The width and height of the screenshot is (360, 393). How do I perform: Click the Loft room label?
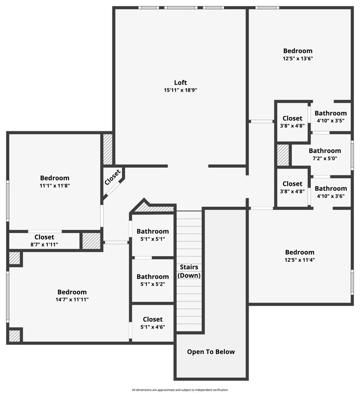click(180, 82)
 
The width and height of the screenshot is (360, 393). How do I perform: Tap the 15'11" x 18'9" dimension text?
click(180, 90)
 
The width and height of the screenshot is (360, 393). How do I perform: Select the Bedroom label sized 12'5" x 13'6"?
click(297, 51)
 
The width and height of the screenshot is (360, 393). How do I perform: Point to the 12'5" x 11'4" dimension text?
click(299, 260)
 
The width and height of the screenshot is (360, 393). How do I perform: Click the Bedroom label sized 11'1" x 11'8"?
click(54, 178)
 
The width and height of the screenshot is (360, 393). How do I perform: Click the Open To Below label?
click(211, 352)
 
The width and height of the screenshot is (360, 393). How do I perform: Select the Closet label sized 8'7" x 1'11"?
click(44, 237)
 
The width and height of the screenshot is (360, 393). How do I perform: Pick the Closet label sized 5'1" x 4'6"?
click(153, 319)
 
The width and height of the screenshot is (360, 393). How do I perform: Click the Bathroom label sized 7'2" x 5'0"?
click(324, 151)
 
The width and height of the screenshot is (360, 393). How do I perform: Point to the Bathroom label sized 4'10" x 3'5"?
click(331, 113)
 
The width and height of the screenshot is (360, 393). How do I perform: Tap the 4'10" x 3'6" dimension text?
click(331, 196)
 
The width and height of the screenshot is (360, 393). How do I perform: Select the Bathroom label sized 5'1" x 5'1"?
click(153, 232)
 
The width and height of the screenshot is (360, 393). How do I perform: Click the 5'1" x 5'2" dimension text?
click(153, 284)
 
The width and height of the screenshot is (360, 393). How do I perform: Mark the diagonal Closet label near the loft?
click(112, 177)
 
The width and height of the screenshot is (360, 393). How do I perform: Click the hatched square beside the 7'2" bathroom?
click(283, 155)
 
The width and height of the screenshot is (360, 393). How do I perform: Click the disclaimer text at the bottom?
click(180, 390)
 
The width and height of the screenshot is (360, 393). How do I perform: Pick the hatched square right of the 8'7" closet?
click(91, 241)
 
